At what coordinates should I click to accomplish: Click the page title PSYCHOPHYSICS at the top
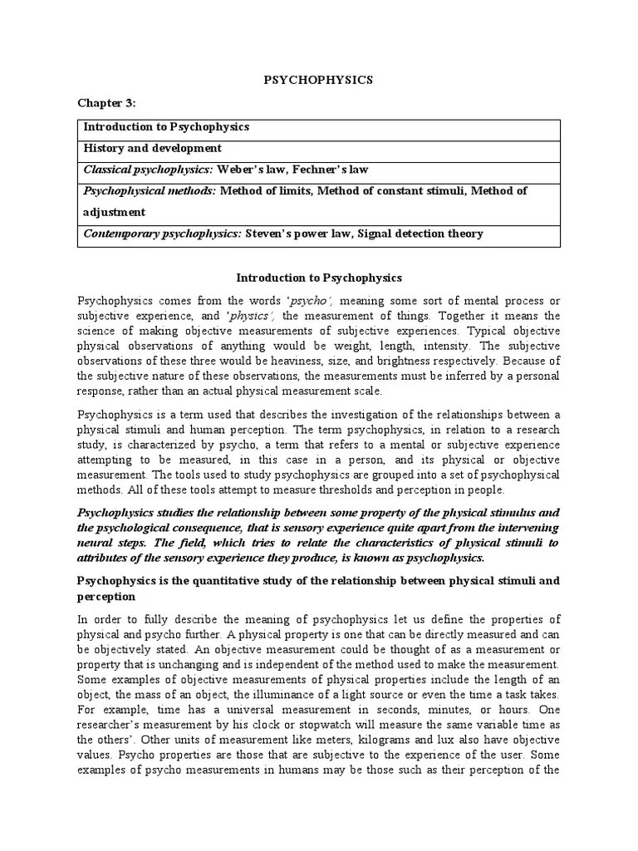(319, 80)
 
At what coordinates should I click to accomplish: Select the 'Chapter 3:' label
(106, 103)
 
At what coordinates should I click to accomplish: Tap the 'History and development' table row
(152, 148)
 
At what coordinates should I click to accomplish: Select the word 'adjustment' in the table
(113, 212)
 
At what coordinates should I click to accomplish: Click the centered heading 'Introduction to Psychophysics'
(319, 277)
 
